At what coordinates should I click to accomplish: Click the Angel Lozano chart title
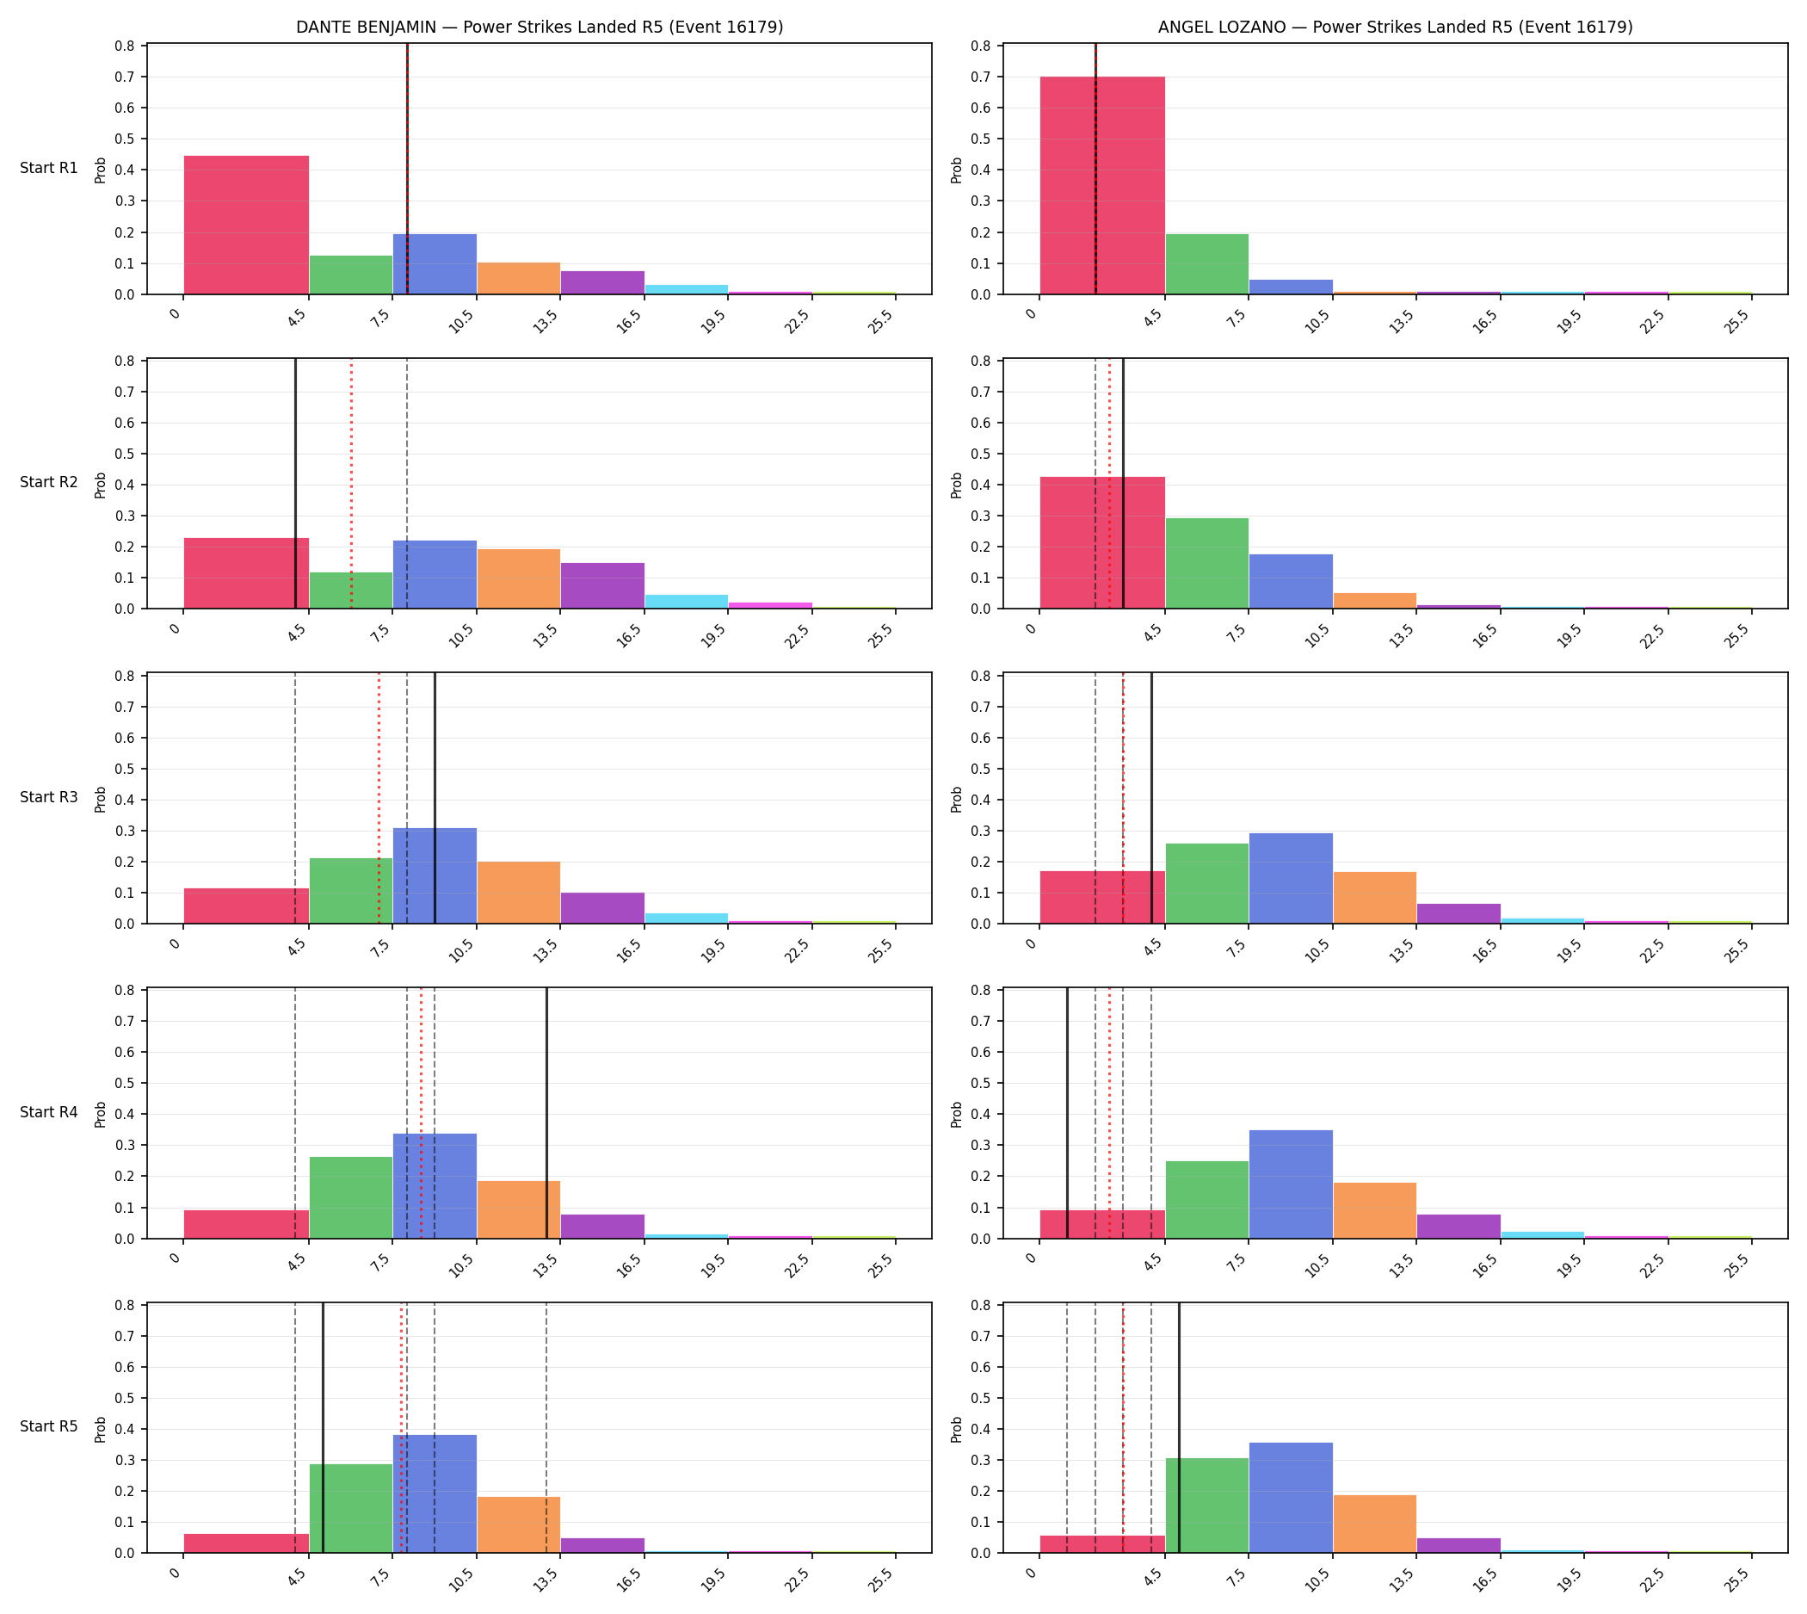point(1395,28)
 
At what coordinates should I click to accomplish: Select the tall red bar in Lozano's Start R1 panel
point(1102,185)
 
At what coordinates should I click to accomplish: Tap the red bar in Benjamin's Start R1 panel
point(246,226)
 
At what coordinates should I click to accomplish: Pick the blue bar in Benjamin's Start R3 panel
point(435,875)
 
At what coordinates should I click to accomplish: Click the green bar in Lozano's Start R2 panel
point(1206,563)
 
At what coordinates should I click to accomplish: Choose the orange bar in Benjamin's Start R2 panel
point(519,579)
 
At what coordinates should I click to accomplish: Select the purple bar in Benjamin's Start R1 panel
point(603,282)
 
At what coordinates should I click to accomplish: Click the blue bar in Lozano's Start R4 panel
point(1291,1184)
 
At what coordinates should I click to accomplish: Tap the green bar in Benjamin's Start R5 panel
point(351,1508)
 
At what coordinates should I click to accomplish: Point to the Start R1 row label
point(49,169)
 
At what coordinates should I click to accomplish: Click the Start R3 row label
point(49,797)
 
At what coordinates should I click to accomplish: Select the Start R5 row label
point(49,1427)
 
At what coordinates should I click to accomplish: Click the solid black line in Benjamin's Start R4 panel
point(547,1113)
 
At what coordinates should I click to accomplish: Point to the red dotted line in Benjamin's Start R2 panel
point(351,483)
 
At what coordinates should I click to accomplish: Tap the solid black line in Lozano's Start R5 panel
point(1179,1428)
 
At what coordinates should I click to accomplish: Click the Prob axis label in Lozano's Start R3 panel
point(957,799)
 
